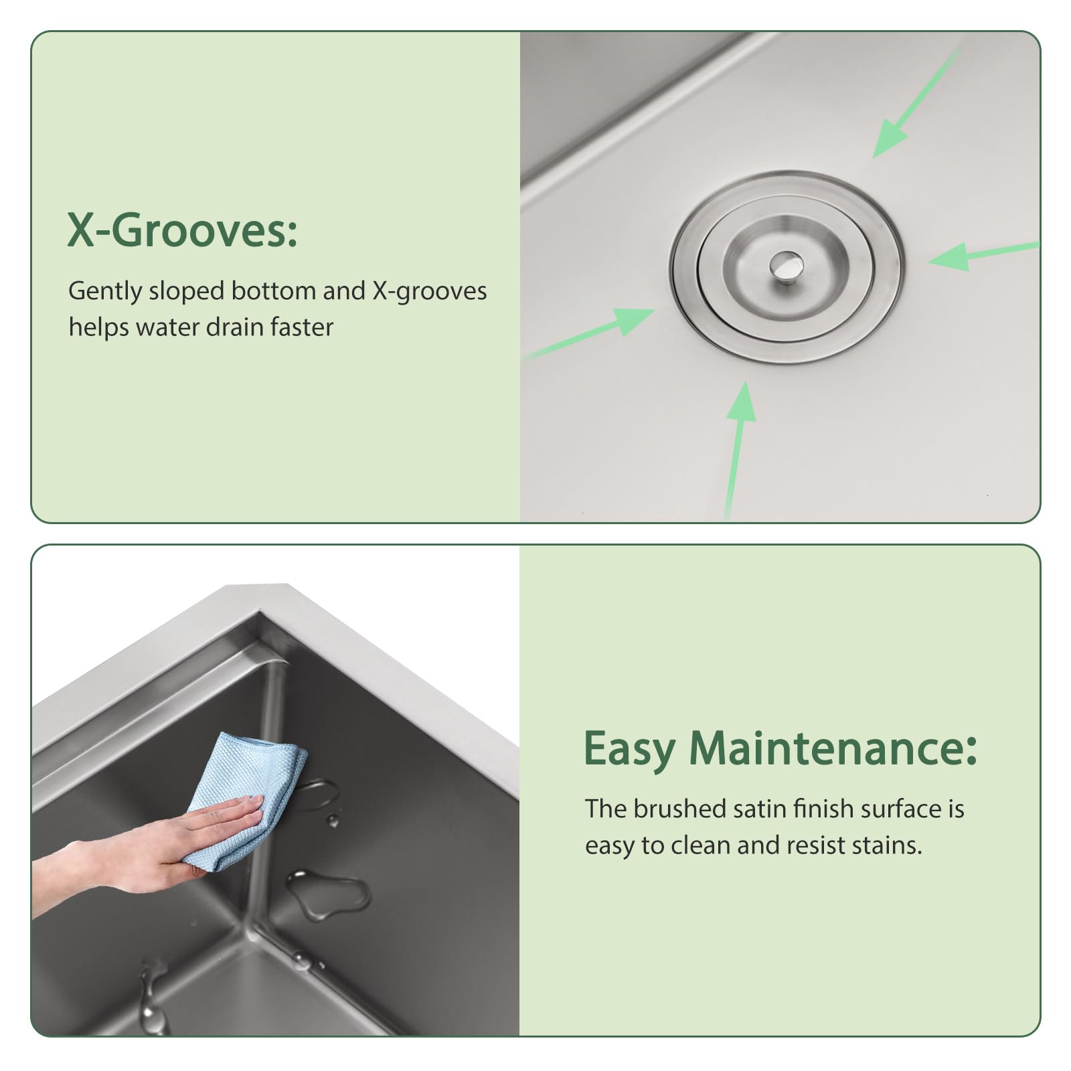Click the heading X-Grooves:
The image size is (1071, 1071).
tap(182, 230)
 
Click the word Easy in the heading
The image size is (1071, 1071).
tap(629, 748)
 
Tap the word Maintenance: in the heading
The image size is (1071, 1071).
tap(833, 748)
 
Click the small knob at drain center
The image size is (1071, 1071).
tap(785, 265)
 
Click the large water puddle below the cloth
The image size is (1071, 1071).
tap(328, 892)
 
